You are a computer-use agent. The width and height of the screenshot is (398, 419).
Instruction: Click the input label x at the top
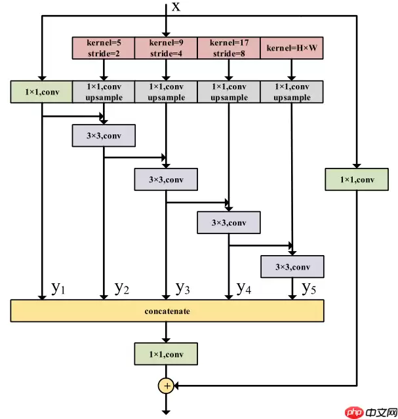tap(176, 7)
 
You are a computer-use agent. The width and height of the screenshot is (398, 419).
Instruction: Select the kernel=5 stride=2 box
tap(104, 48)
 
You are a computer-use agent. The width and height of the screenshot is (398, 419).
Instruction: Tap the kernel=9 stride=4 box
tap(166, 48)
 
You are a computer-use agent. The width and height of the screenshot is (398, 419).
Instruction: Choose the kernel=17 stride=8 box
tap(229, 48)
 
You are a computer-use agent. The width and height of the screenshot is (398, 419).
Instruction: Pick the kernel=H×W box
tap(292, 48)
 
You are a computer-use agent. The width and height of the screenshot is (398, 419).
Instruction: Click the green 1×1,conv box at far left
tap(41, 92)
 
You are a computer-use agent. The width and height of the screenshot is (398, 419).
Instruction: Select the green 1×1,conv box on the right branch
tap(357, 180)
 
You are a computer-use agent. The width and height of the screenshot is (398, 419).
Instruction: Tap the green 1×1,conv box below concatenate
tap(166, 354)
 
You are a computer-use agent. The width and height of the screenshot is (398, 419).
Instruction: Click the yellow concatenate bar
tap(167, 311)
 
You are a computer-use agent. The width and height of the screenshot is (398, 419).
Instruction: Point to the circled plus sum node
tap(167, 386)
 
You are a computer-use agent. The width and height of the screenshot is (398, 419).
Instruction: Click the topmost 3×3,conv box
tap(104, 136)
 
